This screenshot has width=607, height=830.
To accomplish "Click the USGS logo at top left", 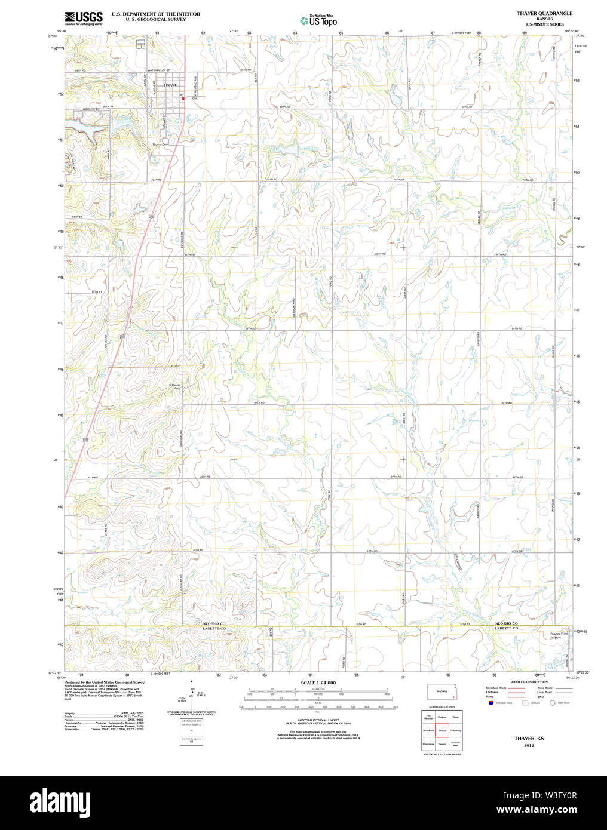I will coord(84,17).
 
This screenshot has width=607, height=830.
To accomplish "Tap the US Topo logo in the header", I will coord(318,21).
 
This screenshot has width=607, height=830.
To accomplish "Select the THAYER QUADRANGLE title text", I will coord(544,13).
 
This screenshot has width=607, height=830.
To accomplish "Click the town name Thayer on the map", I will coord(170,85).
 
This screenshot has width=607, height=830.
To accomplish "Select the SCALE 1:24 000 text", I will coord(318,683).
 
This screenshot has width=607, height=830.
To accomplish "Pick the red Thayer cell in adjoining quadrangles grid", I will coord(442,730).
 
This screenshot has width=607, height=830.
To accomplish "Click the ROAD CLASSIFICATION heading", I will coord(528,682).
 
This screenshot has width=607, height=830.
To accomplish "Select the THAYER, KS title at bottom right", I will coord(529,739).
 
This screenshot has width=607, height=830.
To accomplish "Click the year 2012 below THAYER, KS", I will coord(529,745).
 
